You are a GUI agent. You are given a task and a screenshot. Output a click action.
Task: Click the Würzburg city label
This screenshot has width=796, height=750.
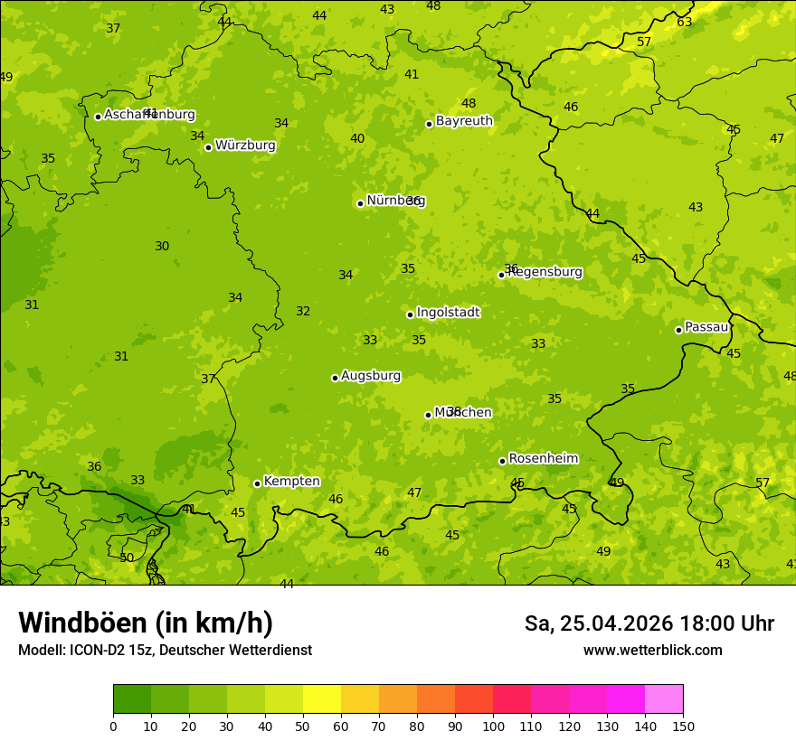[245, 145]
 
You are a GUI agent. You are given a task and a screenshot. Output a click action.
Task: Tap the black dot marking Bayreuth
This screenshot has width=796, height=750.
[430, 124]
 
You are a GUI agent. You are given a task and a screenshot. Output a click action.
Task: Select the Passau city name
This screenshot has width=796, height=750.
[706, 327]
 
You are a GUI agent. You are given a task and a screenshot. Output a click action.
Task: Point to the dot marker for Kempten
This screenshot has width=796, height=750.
[258, 483]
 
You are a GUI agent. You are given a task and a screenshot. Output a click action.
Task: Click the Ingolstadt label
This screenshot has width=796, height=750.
[448, 313]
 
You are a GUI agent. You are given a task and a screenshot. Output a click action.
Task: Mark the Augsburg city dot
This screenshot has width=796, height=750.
[336, 378]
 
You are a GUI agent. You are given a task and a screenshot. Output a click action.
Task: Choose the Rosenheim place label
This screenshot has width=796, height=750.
[543, 459]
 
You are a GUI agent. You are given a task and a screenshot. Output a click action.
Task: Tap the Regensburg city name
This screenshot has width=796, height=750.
[545, 272]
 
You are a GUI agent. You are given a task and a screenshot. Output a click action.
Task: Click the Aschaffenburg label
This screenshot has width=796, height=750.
[149, 115]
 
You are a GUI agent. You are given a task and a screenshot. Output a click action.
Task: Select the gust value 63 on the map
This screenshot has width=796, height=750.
[685, 22]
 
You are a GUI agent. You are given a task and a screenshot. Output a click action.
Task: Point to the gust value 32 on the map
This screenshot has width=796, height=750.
[303, 312]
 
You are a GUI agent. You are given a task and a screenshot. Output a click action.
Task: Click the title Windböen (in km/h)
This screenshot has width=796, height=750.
[146, 623]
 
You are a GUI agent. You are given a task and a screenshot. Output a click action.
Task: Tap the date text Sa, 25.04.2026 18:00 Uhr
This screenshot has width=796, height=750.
[649, 623]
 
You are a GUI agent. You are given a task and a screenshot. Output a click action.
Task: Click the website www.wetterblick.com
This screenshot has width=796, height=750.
[652, 651]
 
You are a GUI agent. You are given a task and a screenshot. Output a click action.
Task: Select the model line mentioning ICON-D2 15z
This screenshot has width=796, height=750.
[165, 651]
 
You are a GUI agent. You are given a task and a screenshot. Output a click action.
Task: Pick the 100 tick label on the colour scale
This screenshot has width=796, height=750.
[493, 726]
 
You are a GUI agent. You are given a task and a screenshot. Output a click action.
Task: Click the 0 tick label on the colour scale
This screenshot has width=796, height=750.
[113, 726]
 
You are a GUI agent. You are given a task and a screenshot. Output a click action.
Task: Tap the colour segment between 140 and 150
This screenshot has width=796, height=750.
[664, 699]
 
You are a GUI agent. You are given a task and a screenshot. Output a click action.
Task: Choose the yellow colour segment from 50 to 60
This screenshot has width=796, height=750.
[322, 699]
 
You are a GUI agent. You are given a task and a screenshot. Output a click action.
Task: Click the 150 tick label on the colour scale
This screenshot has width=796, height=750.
[683, 726]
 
